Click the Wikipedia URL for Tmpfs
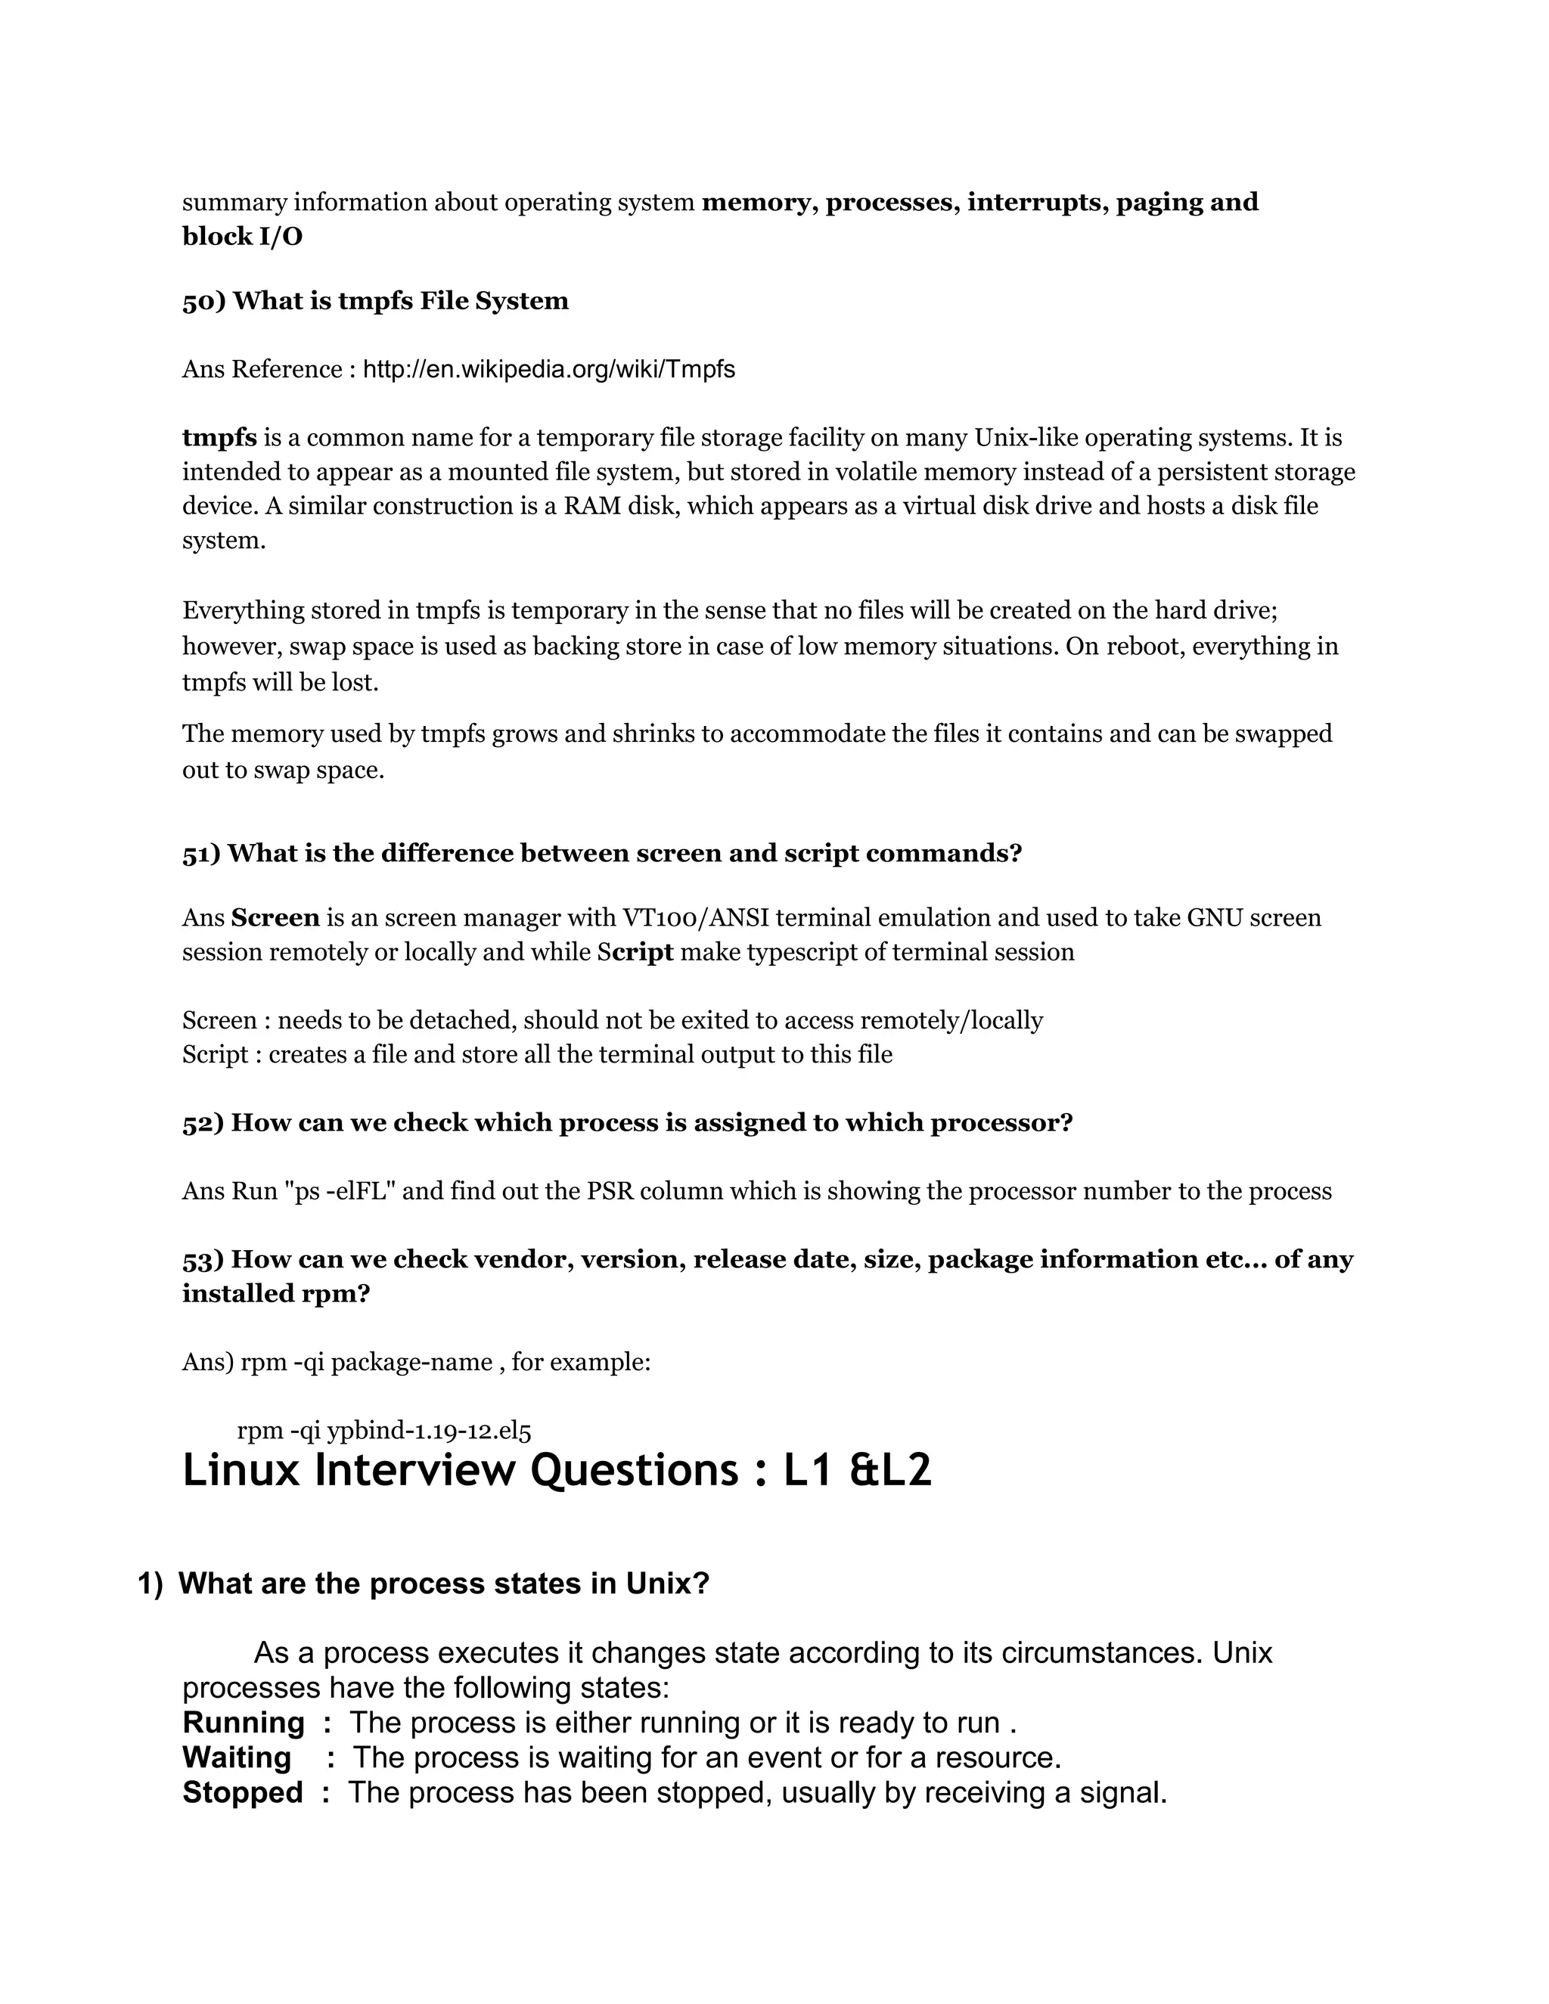(x=549, y=370)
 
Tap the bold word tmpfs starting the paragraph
(x=219, y=438)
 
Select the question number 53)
(x=203, y=1259)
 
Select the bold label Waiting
(x=237, y=1757)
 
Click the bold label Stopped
(x=242, y=1792)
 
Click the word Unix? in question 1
(x=668, y=1584)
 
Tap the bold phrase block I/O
(x=242, y=237)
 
